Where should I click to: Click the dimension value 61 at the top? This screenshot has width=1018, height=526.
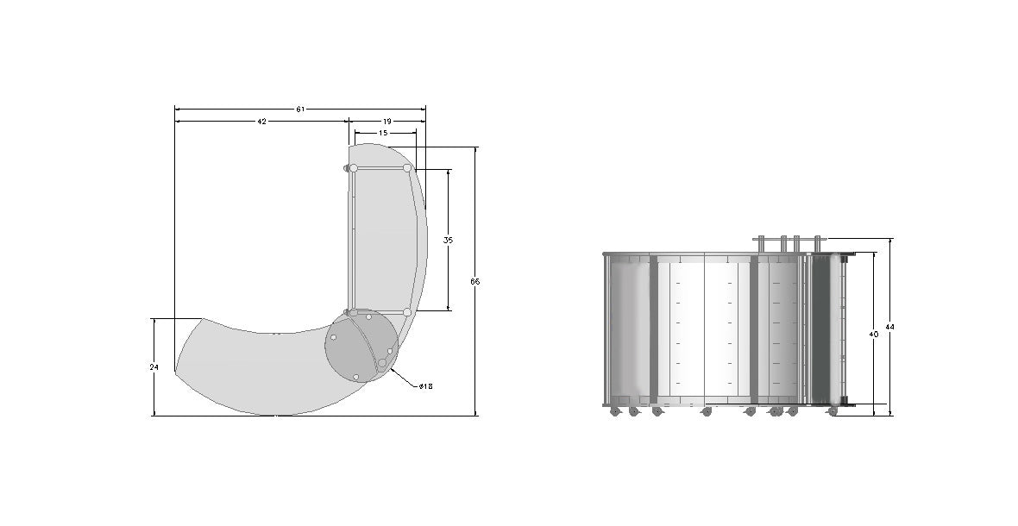[300, 110]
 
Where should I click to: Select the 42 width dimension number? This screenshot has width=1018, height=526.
[261, 122]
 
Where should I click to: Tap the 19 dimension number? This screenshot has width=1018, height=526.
[386, 122]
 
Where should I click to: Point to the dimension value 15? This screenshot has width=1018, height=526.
[383, 134]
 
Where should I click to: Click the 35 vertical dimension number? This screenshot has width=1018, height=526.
[448, 240]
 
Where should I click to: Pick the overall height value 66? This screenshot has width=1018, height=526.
[475, 282]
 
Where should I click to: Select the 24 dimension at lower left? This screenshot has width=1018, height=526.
[154, 367]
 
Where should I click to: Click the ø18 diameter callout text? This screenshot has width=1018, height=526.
[425, 386]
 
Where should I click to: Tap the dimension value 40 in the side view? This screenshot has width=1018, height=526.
[874, 334]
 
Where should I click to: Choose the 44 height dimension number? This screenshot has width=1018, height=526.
[890, 327]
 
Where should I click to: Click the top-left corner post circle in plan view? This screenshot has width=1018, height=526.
[353, 168]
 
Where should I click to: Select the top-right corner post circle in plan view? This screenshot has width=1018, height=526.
[406, 167]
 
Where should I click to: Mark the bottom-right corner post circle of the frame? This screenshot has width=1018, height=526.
[406, 312]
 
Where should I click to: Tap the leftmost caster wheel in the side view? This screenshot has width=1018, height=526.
[615, 412]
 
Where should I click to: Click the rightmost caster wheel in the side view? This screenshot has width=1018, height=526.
[833, 412]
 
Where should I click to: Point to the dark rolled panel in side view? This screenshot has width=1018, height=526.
[826, 329]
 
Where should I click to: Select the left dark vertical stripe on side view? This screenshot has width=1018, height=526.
[653, 329]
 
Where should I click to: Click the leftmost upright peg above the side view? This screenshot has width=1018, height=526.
[764, 245]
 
